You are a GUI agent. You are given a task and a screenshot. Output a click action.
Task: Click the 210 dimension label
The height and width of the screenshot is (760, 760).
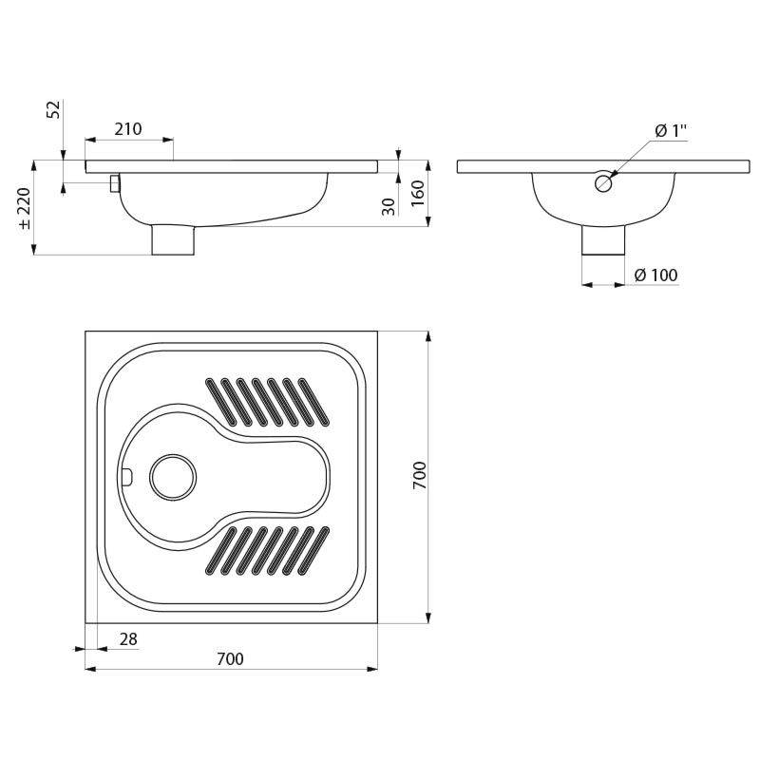(128, 129)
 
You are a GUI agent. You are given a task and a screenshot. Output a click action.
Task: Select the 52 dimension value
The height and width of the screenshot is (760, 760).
(54, 109)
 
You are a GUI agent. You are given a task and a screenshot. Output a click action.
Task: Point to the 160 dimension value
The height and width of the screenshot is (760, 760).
(417, 193)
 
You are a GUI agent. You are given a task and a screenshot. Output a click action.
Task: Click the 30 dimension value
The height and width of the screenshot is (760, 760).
(389, 206)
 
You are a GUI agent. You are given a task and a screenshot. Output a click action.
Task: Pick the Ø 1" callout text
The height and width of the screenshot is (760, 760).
(672, 130)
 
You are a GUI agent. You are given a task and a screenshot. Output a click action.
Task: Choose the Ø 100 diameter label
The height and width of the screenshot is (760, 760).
(655, 275)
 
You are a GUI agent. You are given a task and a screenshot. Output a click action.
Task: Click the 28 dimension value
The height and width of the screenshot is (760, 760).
(128, 639)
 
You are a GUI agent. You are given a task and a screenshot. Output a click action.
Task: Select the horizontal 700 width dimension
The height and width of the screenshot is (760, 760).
(230, 659)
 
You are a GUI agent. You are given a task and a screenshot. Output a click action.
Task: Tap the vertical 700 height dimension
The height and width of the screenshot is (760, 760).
(419, 475)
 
